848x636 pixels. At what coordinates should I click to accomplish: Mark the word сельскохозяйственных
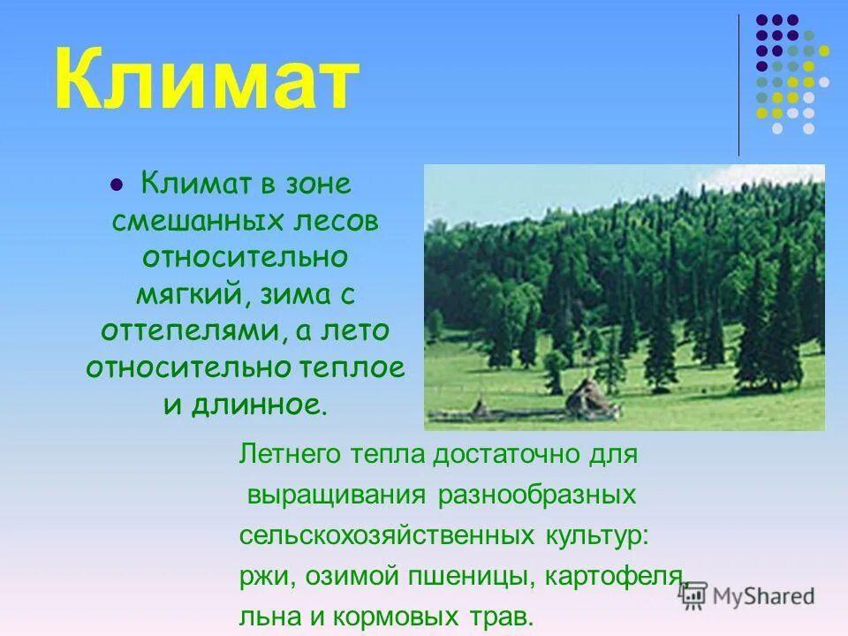tap(383, 535)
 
